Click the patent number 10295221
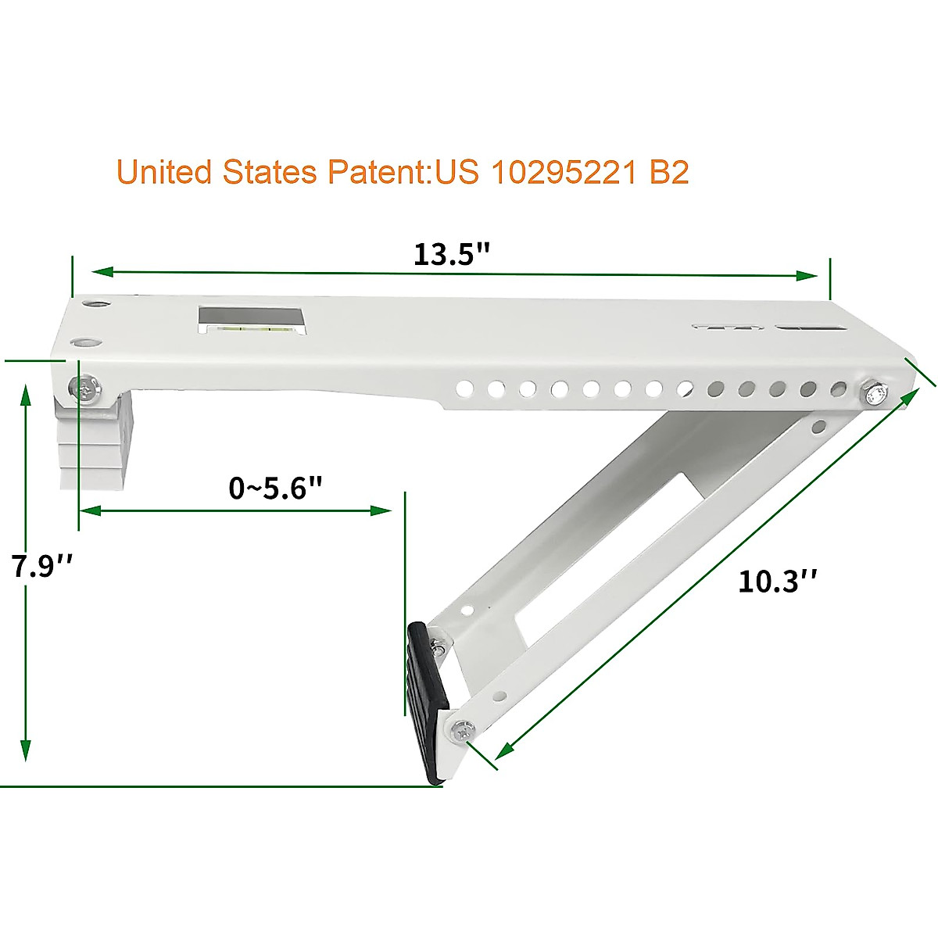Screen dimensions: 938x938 [563, 172]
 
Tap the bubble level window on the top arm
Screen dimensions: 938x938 [249, 318]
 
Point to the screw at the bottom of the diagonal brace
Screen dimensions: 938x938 [460, 732]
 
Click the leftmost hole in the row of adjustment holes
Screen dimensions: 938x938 [463, 387]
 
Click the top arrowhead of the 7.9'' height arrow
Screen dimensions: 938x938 [26, 392]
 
